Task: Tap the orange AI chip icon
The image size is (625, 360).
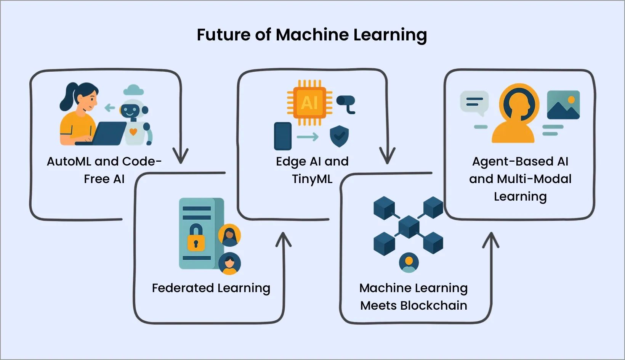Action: pyautogui.click(x=309, y=103)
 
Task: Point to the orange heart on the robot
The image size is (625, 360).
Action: pyautogui.click(x=133, y=132)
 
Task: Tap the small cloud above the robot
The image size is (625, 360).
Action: pyautogui.click(x=133, y=90)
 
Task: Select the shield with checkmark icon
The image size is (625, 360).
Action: pyautogui.click(x=339, y=136)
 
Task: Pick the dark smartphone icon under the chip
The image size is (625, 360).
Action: pyautogui.click(x=283, y=136)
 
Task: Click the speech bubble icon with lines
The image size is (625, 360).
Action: pyautogui.click(x=474, y=103)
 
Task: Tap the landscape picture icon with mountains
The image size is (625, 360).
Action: pyautogui.click(x=563, y=105)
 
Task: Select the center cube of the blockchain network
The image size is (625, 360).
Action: pyautogui.click(x=409, y=227)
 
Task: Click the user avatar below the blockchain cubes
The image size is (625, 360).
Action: pyautogui.click(x=409, y=262)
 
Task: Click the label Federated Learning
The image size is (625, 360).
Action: pyautogui.click(x=211, y=288)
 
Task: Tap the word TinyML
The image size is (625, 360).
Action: pyautogui.click(x=312, y=179)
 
